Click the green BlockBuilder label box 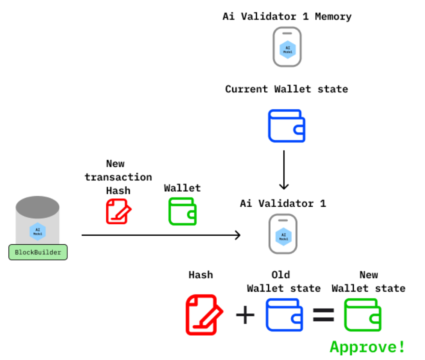tap(38, 252)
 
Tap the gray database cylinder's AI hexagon tap(38, 231)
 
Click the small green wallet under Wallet tap(182, 211)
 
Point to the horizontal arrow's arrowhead tap(237, 235)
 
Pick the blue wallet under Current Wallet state tap(286, 126)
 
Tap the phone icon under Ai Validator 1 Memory tap(287, 47)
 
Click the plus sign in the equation tap(245, 315)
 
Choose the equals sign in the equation tap(323, 315)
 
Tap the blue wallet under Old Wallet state tap(284, 315)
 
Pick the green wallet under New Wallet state tap(363, 315)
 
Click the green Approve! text tap(368, 346)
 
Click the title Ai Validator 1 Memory tap(287, 17)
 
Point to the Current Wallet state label tap(286, 89)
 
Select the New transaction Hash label tap(118, 177)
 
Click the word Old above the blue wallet tap(281, 275)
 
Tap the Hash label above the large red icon tap(200, 275)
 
